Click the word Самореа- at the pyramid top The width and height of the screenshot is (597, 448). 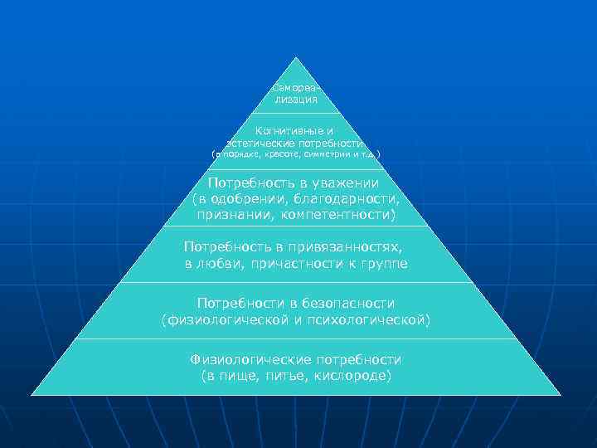pyautogui.click(x=295, y=87)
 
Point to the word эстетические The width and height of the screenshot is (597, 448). pyautogui.click(x=261, y=143)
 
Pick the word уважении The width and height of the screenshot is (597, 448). pyautogui.click(x=344, y=183)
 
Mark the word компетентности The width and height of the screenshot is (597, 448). pyautogui.click(x=343, y=215)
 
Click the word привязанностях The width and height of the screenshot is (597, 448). pyautogui.click(x=352, y=247)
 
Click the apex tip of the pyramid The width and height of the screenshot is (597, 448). pyautogui.click(x=296, y=57)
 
